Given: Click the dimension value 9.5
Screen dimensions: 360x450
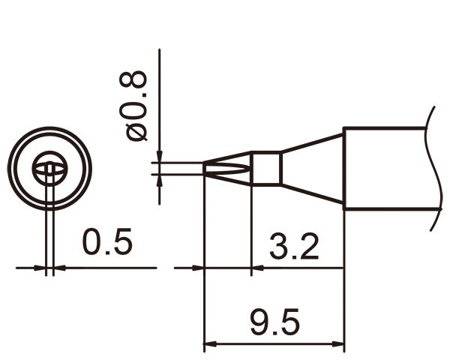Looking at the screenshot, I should point(274,323).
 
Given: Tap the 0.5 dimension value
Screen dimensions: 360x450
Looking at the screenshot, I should point(107,242).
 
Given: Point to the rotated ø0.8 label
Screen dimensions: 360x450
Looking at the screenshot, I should point(137,106).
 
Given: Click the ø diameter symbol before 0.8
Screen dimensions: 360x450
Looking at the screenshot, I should point(137,132).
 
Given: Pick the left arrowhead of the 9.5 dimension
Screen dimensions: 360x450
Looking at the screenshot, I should point(210,346).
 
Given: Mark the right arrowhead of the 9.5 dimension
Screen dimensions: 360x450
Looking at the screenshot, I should point(338,346).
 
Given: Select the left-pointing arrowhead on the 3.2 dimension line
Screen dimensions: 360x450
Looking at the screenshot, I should point(257,267).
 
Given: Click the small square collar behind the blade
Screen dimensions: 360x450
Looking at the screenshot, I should point(265,169).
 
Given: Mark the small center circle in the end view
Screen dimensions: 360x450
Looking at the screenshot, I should point(49,168).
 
